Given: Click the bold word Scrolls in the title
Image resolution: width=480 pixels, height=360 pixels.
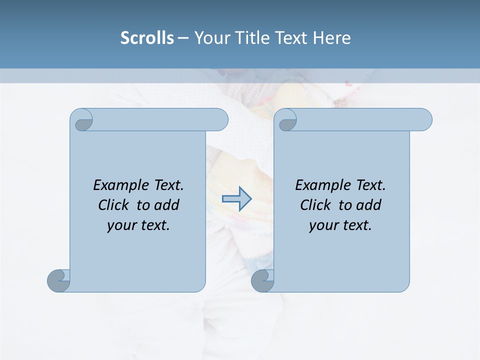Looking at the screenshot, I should click(x=147, y=37).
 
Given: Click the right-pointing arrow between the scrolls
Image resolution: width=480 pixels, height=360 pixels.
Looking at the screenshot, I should click(x=236, y=199).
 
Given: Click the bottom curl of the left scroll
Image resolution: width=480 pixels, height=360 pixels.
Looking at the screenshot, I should click(x=59, y=280).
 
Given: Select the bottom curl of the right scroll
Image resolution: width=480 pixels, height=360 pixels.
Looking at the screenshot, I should click(x=262, y=280).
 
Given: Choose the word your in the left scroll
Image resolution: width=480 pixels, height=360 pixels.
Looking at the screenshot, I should click(x=121, y=225).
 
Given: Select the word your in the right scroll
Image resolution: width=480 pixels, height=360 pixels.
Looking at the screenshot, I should click(x=323, y=225).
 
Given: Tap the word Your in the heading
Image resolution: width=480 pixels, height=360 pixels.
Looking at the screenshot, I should click(x=209, y=37).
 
